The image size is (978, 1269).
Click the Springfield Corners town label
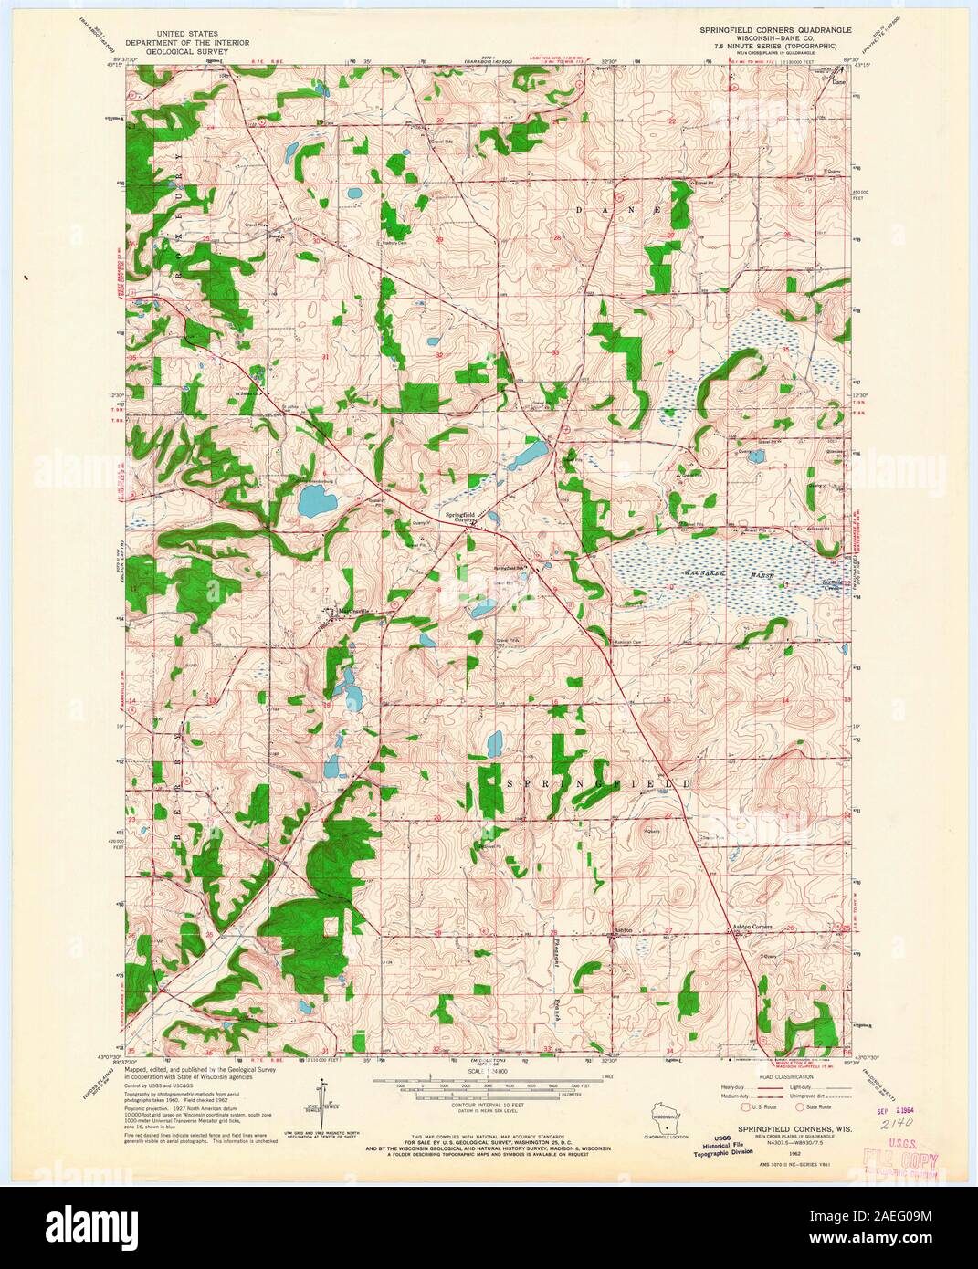point(459,517)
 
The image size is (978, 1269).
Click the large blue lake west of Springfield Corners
point(316,500)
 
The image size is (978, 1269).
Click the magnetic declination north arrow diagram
point(321,1105)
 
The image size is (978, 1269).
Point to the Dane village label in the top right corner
point(839,79)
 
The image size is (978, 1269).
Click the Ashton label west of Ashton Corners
point(623,928)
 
